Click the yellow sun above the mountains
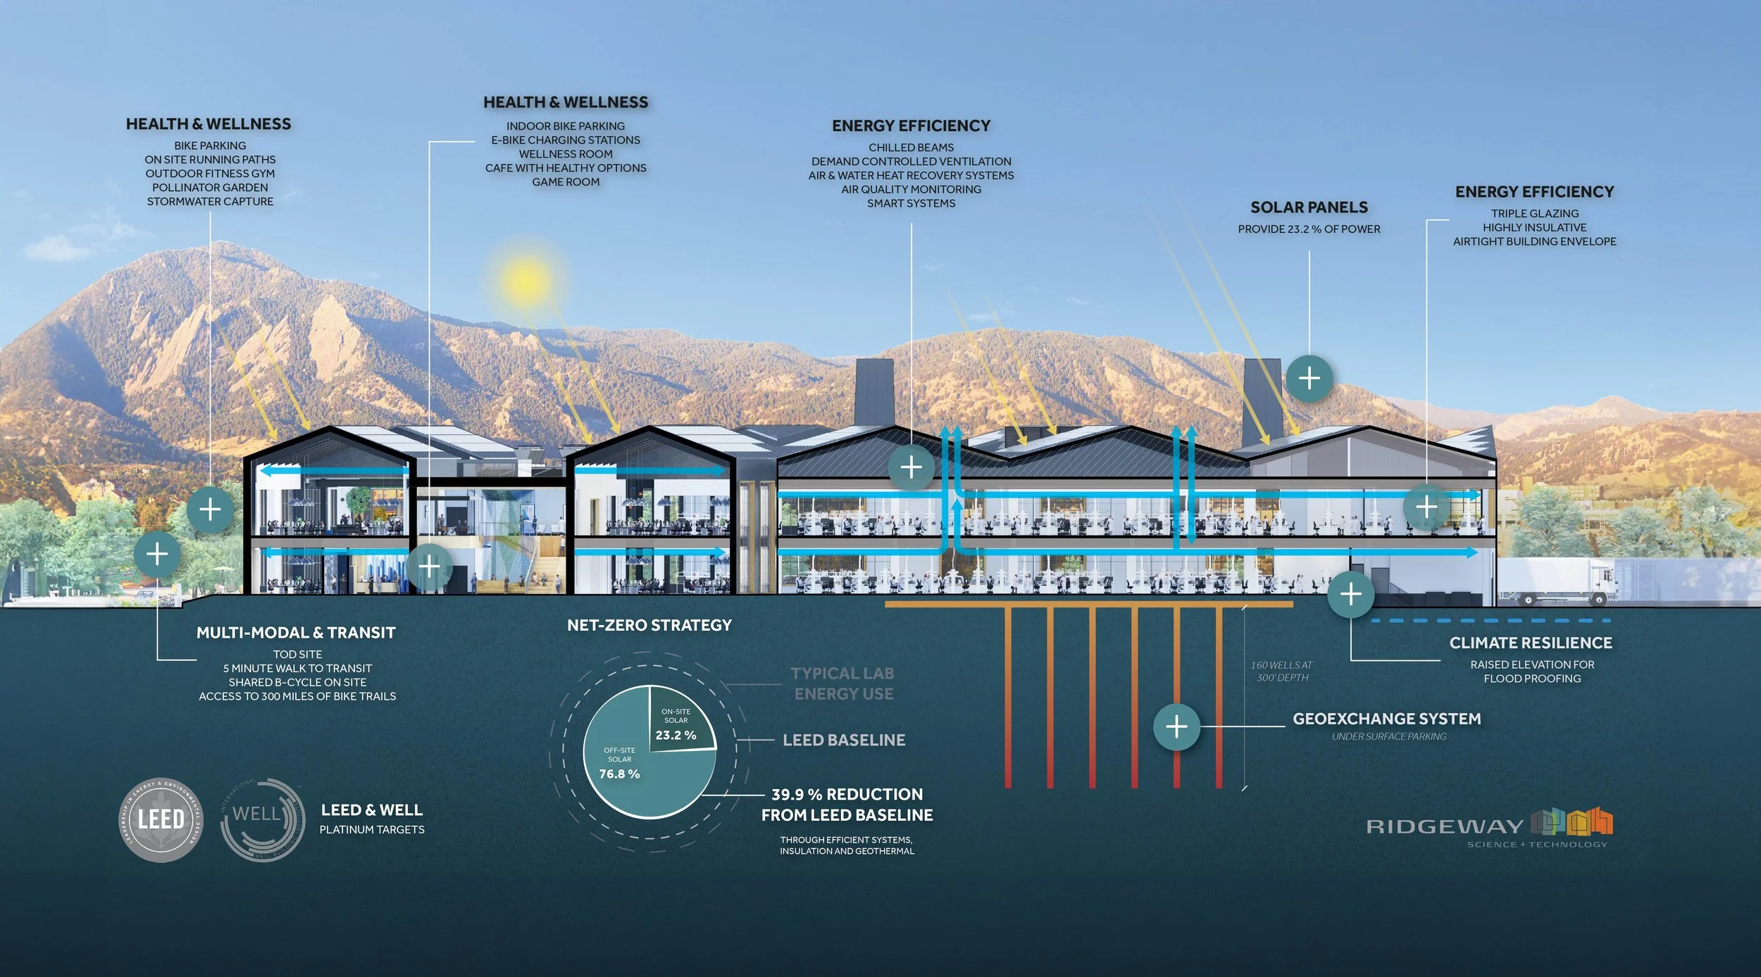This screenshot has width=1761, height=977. click(x=525, y=279)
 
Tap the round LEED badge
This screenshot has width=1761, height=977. click(x=161, y=819)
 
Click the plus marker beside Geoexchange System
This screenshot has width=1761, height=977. click(x=1176, y=726)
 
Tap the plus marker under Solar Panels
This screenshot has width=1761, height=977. click(x=1309, y=379)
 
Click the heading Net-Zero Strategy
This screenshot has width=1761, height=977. click(x=649, y=625)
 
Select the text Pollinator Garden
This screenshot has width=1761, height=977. click(x=210, y=187)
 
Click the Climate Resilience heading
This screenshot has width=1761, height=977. click(x=1531, y=643)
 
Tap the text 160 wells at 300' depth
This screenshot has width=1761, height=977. click(x=1282, y=671)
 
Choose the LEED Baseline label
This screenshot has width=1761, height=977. click(x=844, y=740)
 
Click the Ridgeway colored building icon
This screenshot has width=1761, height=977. click(x=1572, y=821)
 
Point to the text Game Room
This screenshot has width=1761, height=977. click(x=566, y=182)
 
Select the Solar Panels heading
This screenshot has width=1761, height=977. click(x=1309, y=208)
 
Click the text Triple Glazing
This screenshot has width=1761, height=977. click(x=1534, y=213)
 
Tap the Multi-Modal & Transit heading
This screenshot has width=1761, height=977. click(x=296, y=633)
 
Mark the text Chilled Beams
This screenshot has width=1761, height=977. click(x=911, y=148)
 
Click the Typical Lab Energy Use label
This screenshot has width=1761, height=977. click(x=843, y=683)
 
